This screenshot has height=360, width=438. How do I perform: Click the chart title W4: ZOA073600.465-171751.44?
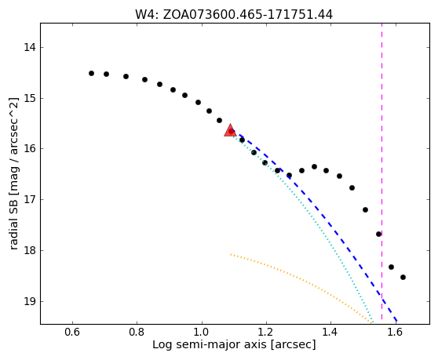pyautogui.click(x=234, y=15)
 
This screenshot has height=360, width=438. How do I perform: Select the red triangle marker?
pyautogui.click(x=231, y=130)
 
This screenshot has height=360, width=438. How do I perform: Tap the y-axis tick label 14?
pyautogui.click(x=30, y=47)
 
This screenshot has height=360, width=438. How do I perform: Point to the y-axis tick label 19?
pyautogui.click(x=30, y=301)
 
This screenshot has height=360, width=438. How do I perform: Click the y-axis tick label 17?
pyautogui.click(x=30, y=199)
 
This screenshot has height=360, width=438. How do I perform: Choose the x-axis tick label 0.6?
pyautogui.click(x=72, y=332)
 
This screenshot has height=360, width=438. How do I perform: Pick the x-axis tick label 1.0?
pyautogui.click(x=202, y=332)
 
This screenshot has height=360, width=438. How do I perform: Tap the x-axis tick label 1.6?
pyautogui.click(x=396, y=332)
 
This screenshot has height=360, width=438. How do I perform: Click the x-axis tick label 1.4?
pyautogui.click(x=330, y=332)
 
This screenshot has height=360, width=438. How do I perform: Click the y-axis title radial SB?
pyautogui.click(x=14, y=223)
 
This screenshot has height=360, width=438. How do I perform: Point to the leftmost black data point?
pyautogui.click(x=91, y=74)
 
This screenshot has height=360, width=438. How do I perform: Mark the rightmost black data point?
pyautogui.click(x=403, y=277)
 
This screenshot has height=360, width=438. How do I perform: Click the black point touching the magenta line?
pyautogui.click(x=379, y=234)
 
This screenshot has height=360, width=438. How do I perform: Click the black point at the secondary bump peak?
pyautogui.click(x=314, y=166)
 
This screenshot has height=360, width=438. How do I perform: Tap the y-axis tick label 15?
pyautogui.click(x=30, y=98)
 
